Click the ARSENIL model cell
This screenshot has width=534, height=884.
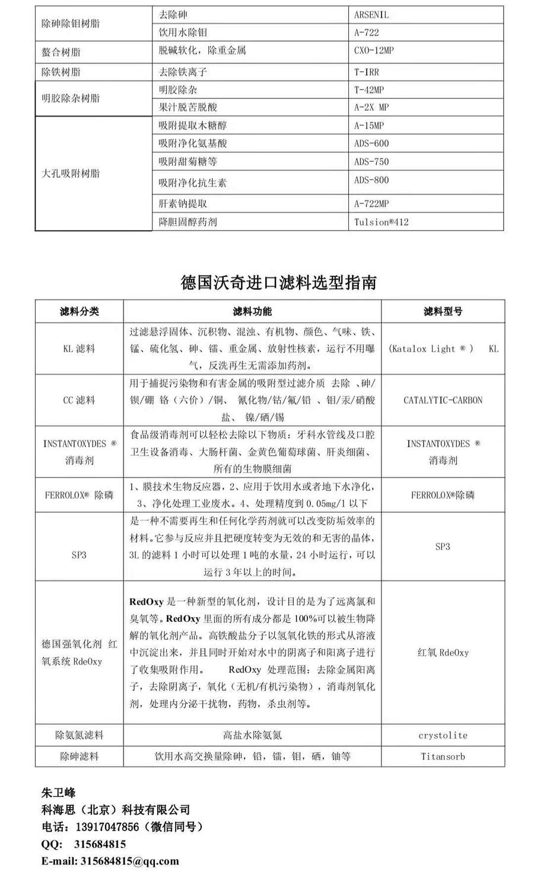point(371,14)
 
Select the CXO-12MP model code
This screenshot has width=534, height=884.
point(374,50)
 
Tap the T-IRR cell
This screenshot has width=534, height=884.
point(367,72)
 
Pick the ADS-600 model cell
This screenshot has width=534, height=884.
point(371,143)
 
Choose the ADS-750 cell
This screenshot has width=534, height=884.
point(371,161)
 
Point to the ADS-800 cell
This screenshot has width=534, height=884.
point(371,180)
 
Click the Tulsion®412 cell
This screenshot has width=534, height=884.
point(381,222)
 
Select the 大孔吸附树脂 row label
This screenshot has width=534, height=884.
point(71,173)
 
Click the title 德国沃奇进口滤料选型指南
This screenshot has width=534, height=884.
point(278,282)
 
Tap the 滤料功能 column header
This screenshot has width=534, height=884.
point(252,311)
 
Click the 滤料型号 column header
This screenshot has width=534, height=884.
point(443,311)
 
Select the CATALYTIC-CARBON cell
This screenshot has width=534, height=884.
point(443,400)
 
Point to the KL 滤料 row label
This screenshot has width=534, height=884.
point(79,349)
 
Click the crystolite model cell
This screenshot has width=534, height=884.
point(443,735)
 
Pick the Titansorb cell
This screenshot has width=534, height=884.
point(443,756)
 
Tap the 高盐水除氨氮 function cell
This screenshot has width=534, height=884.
point(252,735)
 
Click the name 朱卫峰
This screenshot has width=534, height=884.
point(58,793)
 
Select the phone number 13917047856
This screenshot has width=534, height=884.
point(106,827)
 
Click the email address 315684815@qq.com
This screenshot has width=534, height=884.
point(129,861)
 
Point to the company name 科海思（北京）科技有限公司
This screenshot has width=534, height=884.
point(116,810)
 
